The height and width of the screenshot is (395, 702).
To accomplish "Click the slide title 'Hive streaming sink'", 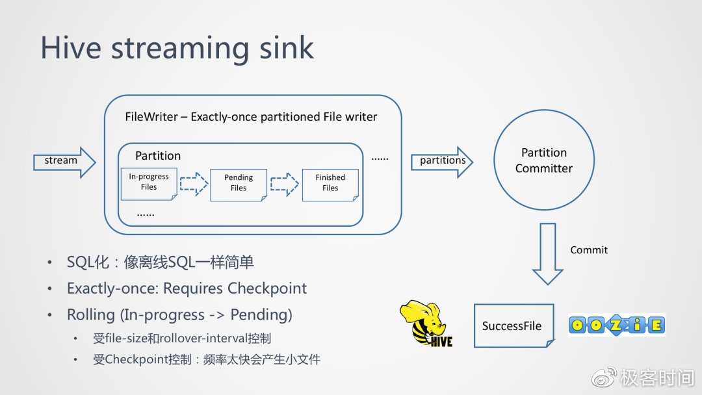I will click(177, 48).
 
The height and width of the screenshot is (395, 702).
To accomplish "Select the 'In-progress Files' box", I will click(149, 183).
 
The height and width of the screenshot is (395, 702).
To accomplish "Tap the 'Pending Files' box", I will click(239, 183).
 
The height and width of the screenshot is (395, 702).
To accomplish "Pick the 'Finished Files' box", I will click(330, 183).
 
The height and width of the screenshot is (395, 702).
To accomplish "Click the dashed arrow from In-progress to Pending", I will click(193, 183).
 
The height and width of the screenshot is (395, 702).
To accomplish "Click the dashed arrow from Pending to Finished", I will click(284, 183).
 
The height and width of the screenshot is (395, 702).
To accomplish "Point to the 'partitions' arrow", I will click(442, 161).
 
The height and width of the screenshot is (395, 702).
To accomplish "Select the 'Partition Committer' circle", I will click(544, 160).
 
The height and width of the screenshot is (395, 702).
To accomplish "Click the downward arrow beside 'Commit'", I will click(547, 253).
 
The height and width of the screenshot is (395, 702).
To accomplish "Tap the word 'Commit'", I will click(589, 250).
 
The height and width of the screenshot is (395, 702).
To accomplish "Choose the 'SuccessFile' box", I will click(513, 325).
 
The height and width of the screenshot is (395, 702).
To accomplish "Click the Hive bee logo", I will click(426, 323).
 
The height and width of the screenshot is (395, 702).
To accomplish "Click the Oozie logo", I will click(617, 324).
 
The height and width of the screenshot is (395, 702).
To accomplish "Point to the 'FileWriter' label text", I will click(151, 117).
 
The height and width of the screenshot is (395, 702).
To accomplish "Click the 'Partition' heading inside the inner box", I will click(158, 156).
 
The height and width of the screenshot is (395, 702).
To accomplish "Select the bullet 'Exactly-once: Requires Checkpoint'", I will click(187, 288).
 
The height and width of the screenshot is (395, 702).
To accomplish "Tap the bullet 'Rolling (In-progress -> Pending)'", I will click(179, 315).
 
